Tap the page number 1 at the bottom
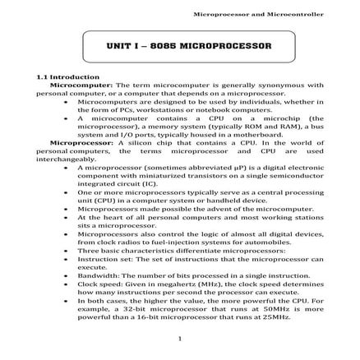tap(180, 338)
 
